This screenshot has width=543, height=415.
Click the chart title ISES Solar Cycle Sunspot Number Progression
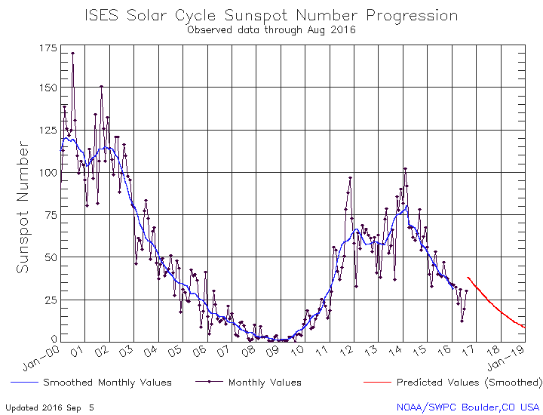(271, 15)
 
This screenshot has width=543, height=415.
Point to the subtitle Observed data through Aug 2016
(271, 29)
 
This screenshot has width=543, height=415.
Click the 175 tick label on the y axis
(47, 48)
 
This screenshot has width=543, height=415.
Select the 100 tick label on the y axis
(47, 172)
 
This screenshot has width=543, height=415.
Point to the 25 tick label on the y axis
(50, 300)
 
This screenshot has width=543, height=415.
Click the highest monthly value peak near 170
(72, 54)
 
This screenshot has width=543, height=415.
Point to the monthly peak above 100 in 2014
(405, 169)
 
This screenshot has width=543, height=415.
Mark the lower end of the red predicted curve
(523, 327)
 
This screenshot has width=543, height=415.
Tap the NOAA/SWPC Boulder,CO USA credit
(468, 407)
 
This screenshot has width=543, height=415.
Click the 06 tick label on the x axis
(202, 352)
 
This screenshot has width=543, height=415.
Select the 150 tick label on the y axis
(47, 88)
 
